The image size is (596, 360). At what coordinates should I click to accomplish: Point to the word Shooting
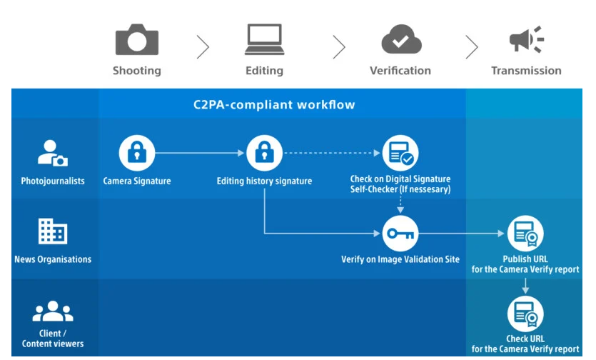[x=136, y=71]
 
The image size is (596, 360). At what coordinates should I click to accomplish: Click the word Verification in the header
[x=400, y=71]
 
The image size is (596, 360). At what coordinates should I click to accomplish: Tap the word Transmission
[x=526, y=71]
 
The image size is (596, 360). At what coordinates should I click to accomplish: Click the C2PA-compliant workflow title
[x=274, y=105]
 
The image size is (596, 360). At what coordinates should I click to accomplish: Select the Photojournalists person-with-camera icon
[x=52, y=153]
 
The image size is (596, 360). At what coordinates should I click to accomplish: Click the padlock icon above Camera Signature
[x=136, y=152]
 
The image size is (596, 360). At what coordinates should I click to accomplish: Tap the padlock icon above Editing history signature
[x=264, y=152]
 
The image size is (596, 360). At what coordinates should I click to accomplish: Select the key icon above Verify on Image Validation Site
[x=400, y=233]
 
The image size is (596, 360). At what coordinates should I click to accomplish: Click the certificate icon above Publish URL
[x=525, y=233]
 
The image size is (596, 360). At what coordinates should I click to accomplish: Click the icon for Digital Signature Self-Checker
[x=400, y=152]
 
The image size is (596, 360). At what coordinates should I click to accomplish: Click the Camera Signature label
[x=136, y=181]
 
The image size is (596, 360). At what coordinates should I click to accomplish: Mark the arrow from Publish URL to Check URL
[x=525, y=285]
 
